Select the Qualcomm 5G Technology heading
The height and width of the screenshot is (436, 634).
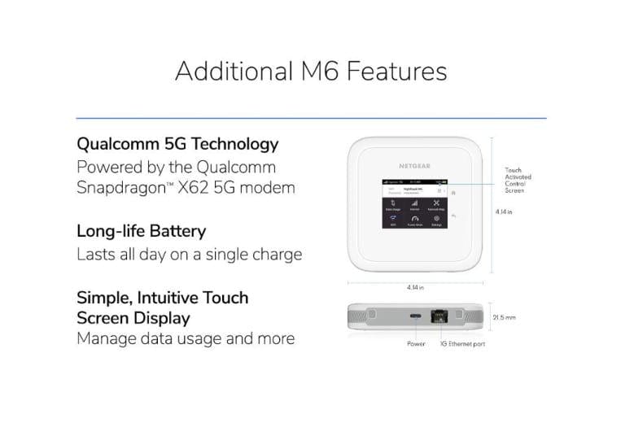coord(177,144)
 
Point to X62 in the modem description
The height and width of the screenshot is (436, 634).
coord(213,187)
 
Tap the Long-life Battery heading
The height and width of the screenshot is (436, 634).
coord(141,231)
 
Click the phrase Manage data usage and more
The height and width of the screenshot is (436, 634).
coord(185,338)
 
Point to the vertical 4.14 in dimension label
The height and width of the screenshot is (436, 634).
coord(504,211)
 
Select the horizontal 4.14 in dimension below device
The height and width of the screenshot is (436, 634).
coord(415,287)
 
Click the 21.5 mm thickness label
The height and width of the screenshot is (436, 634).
coord(504,317)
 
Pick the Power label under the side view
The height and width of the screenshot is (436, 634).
coord(415,344)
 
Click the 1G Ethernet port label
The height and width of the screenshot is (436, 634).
coord(463,344)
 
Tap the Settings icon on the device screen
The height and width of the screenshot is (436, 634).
coord(436,220)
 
